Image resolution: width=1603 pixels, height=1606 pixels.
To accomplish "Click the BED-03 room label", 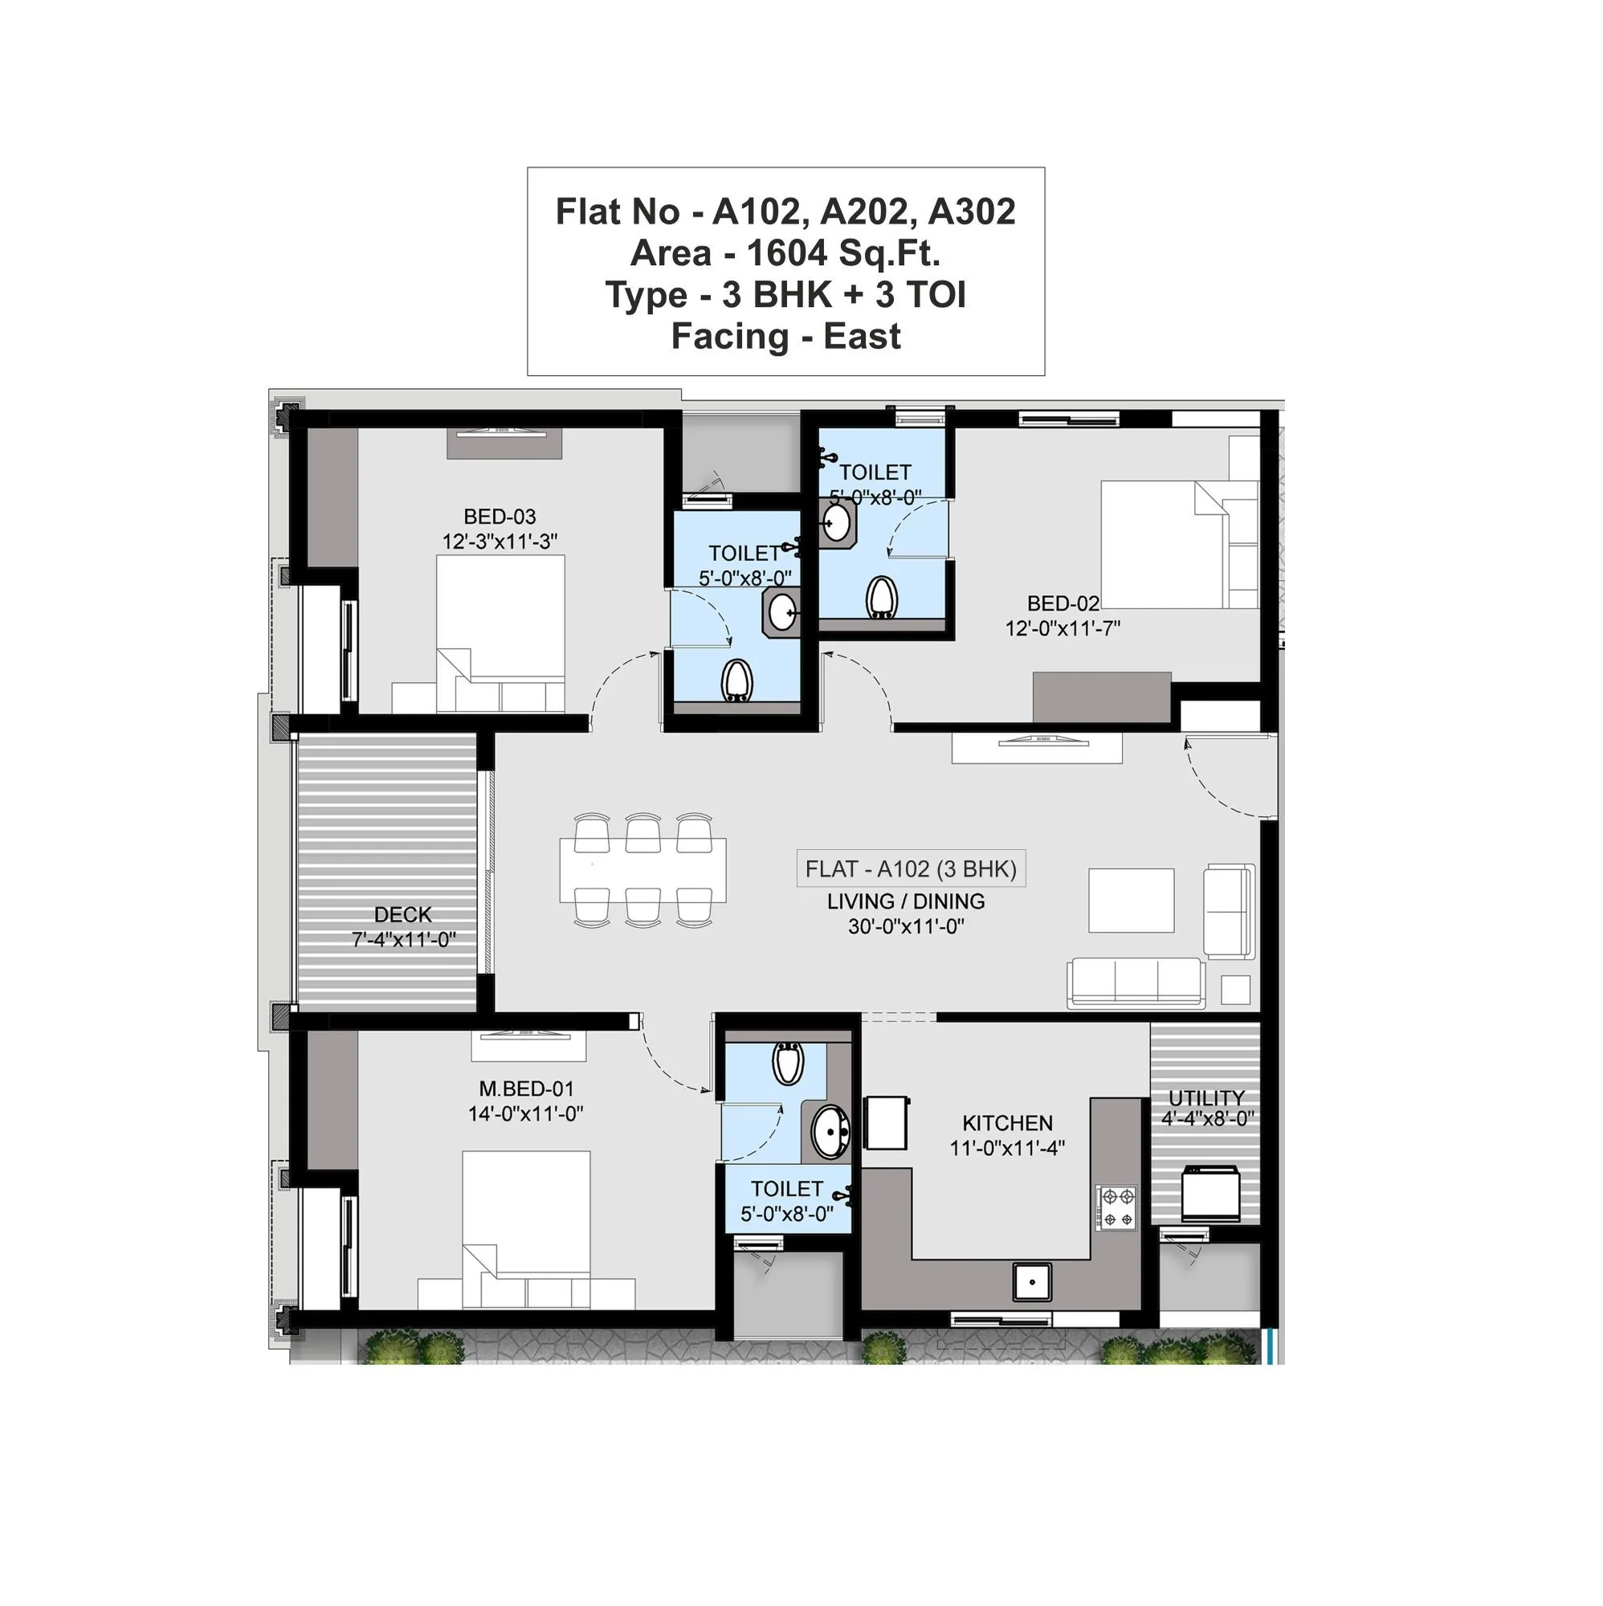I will [500, 517].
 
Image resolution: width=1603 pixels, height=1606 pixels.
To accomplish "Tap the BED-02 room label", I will [1062, 603].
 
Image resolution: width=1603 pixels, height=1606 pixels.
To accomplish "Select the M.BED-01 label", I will [526, 1088].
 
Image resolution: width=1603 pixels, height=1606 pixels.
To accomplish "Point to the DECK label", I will [402, 914].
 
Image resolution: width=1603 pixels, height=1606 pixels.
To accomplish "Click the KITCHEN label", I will [1007, 1123].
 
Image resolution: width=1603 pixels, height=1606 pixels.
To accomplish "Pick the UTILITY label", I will [1205, 1098].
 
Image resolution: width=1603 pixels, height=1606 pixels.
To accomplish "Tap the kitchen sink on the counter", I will [1032, 1281].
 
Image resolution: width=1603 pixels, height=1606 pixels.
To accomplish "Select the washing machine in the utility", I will [1210, 1194].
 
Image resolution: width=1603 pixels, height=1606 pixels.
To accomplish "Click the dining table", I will [642, 870].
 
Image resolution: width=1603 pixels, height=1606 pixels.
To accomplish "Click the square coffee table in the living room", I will [1131, 901].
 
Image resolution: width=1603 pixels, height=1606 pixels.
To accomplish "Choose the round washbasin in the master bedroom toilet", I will [830, 1131].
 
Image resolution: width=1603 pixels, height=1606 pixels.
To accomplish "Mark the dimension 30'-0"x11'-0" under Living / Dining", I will [906, 926].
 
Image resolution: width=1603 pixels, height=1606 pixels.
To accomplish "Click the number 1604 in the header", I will [787, 253].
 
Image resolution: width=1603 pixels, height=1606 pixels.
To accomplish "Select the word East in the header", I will [862, 337].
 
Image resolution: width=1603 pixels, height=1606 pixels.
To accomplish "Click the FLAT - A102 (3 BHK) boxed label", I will [911, 869].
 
